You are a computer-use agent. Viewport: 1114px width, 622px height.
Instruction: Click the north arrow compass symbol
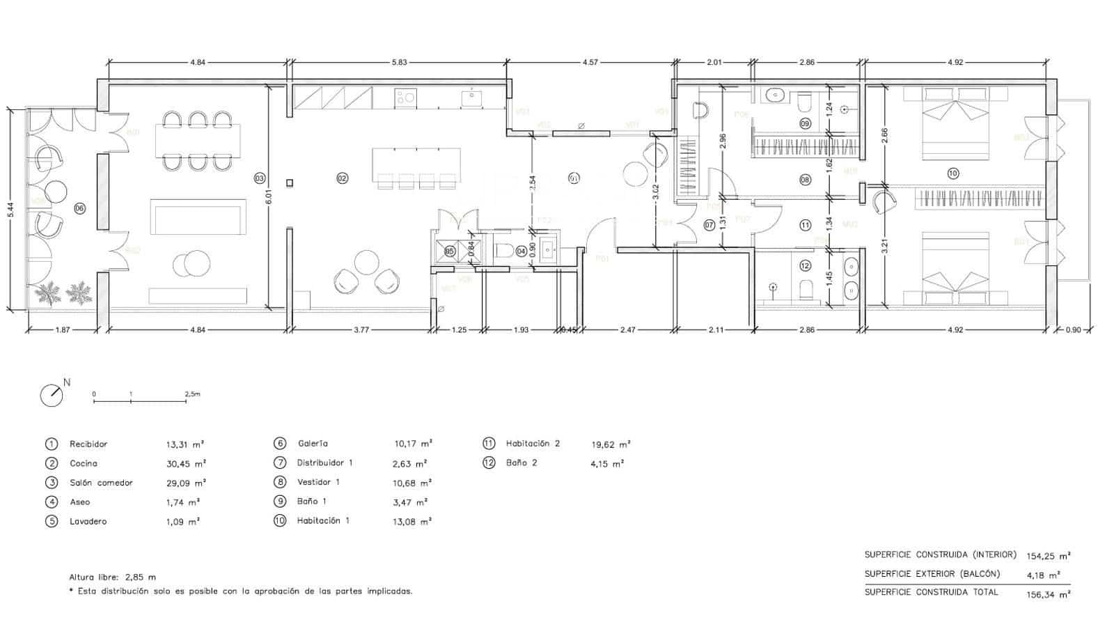(52, 395)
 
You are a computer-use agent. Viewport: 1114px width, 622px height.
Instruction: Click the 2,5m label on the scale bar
(192, 394)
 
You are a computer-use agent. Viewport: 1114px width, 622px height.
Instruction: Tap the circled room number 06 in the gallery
(80, 208)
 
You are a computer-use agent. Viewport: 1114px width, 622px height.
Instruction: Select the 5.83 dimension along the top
(399, 62)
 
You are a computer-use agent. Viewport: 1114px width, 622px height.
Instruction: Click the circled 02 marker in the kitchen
(342, 178)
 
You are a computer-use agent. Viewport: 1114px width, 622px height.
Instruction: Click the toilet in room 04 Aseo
(503, 250)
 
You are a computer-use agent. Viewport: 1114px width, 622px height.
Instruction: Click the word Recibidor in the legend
(88, 444)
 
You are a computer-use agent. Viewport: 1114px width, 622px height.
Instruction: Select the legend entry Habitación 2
(533, 444)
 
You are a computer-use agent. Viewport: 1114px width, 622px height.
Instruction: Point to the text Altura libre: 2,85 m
(113, 577)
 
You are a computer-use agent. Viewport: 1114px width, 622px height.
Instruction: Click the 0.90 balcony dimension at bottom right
(1073, 330)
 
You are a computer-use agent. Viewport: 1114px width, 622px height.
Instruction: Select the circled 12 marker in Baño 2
(805, 265)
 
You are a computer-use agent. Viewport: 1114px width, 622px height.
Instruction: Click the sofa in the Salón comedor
(198, 217)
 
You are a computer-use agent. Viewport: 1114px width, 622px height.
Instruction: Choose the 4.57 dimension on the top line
(590, 62)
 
